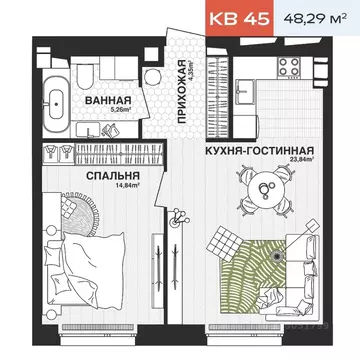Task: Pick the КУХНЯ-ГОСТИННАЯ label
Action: coord(264,147)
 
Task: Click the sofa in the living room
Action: coord(290,290)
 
